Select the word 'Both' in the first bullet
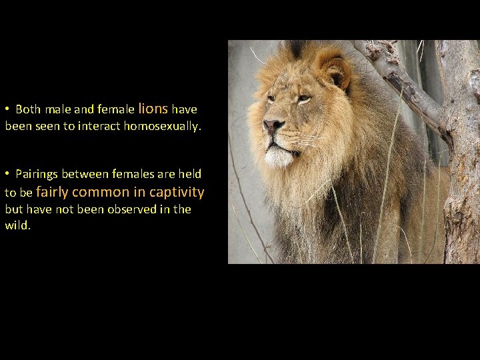[28, 109]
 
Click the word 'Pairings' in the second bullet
[37, 175]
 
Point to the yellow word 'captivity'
[177, 192]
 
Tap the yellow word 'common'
[101, 192]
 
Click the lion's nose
[272, 125]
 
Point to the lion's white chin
[279, 157]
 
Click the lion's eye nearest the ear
[303, 99]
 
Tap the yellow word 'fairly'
[52, 192]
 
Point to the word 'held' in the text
[189, 175]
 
